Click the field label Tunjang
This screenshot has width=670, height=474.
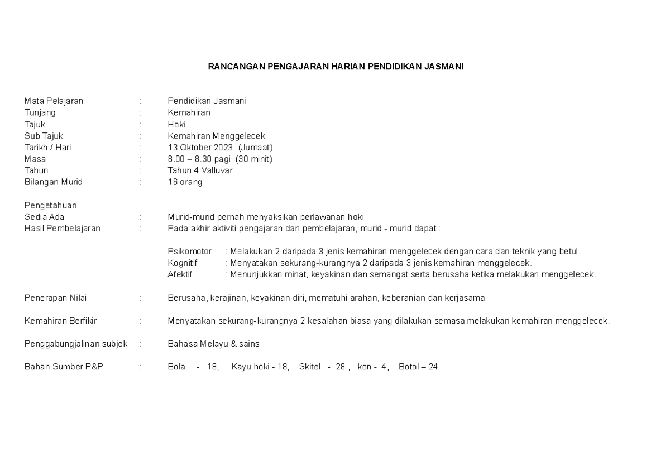click(x=40, y=112)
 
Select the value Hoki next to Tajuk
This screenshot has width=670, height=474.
click(x=176, y=124)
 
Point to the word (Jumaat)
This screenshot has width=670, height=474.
click(x=256, y=148)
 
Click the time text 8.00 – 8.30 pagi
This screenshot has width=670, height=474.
click(x=199, y=159)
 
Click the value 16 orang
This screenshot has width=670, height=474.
click(x=185, y=182)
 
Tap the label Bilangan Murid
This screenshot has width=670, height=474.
click(x=53, y=182)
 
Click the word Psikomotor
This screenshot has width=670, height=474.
click(x=189, y=252)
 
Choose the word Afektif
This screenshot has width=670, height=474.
click(x=179, y=274)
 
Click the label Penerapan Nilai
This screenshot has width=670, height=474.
click(x=55, y=298)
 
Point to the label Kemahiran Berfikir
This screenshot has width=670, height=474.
click(x=60, y=321)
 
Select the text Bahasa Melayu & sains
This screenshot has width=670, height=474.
click(x=213, y=344)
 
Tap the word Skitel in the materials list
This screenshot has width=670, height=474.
click(x=310, y=367)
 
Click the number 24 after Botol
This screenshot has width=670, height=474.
click(x=433, y=367)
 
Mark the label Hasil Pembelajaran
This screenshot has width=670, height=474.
click(x=63, y=228)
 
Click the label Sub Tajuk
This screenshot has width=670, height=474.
click(x=44, y=136)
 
